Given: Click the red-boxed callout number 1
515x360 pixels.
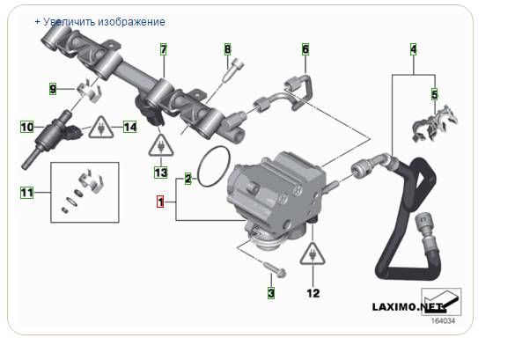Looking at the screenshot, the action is pyautogui.click(x=160, y=202).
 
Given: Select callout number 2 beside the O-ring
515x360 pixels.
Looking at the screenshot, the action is pyautogui.click(x=188, y=179).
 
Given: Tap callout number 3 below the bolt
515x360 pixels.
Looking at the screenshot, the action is pyautogui.click(x=271, y=293).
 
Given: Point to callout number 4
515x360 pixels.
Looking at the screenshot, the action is pyautogui.click(x=414, y=49).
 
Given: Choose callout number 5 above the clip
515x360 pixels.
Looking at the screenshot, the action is pyautogui.click(x=435, y=94).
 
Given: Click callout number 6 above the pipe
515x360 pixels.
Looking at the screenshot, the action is pyautogui.click(x=305, y=49).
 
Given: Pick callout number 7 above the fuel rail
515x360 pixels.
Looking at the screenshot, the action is pyautogui.click(x=163, y=49).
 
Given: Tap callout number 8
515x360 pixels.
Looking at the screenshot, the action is pyautogui.click(x=228, y=49).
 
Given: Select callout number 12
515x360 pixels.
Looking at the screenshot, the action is pyautogui.click(x=313, y=293).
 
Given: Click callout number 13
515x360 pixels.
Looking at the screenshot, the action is pyautogui.click(x=161, y=173).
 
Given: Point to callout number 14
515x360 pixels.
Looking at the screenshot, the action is pyautogui.click(x=129, y=127).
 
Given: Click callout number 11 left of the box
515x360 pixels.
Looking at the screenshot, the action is pyautogui.click(x=27, y=193).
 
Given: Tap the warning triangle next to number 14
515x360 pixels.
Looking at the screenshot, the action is pyautogui.click(x=101, y=128).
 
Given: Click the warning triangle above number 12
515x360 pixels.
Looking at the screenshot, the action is pyautogui.click(x=313, y=253).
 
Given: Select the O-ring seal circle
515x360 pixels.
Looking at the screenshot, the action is pyautogui.click(x=214, y=166).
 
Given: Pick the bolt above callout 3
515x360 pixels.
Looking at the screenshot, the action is pyautogui.click(x=275, y=269).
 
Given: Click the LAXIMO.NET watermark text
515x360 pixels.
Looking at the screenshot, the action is pyautogui.click(x=408, y=307).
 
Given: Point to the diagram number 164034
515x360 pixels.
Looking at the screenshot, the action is pyautogui.click(x=443, y=321).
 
